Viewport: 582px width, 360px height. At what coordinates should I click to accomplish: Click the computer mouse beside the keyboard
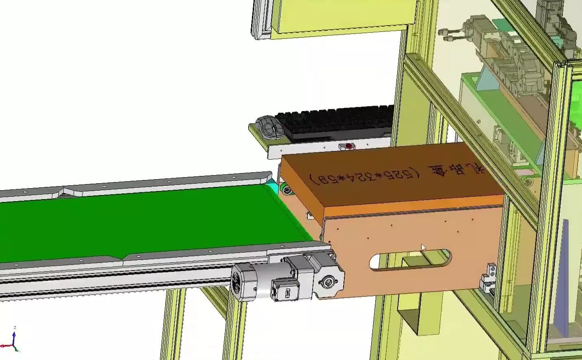(269, 127)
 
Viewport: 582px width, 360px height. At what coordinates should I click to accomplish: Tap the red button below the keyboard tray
(348, 145)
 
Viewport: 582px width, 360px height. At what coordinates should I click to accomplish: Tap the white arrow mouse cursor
(423, 248)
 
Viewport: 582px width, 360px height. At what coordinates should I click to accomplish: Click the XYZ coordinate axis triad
(14, 342)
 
